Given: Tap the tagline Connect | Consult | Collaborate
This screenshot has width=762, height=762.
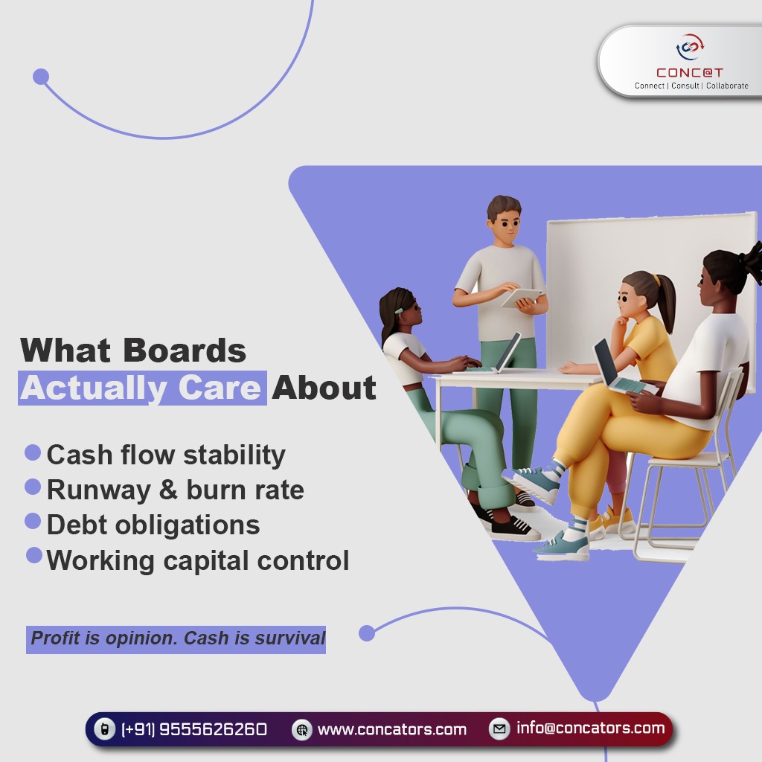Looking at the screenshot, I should [691, 86].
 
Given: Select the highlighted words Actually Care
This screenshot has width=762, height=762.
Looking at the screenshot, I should [141, 388].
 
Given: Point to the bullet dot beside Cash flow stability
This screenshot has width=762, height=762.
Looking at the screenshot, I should [33, 452].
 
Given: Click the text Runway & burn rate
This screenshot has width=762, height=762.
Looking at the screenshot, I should [175, 490].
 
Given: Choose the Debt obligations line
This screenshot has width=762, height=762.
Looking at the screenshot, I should [153, 525].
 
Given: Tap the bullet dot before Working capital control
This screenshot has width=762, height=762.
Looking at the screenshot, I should [34, 555].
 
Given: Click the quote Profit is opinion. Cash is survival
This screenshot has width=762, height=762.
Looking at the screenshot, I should [177, 638].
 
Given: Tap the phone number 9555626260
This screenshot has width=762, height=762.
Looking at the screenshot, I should [213, 729].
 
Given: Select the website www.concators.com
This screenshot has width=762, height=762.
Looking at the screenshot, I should [391, 729].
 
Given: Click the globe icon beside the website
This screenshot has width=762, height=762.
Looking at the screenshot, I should [301, 730].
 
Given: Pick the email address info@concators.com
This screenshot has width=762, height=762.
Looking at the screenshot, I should [590, 728].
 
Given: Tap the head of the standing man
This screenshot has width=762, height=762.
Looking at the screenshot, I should [504, 217].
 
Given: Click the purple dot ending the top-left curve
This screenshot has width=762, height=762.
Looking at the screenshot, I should [41, 77].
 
